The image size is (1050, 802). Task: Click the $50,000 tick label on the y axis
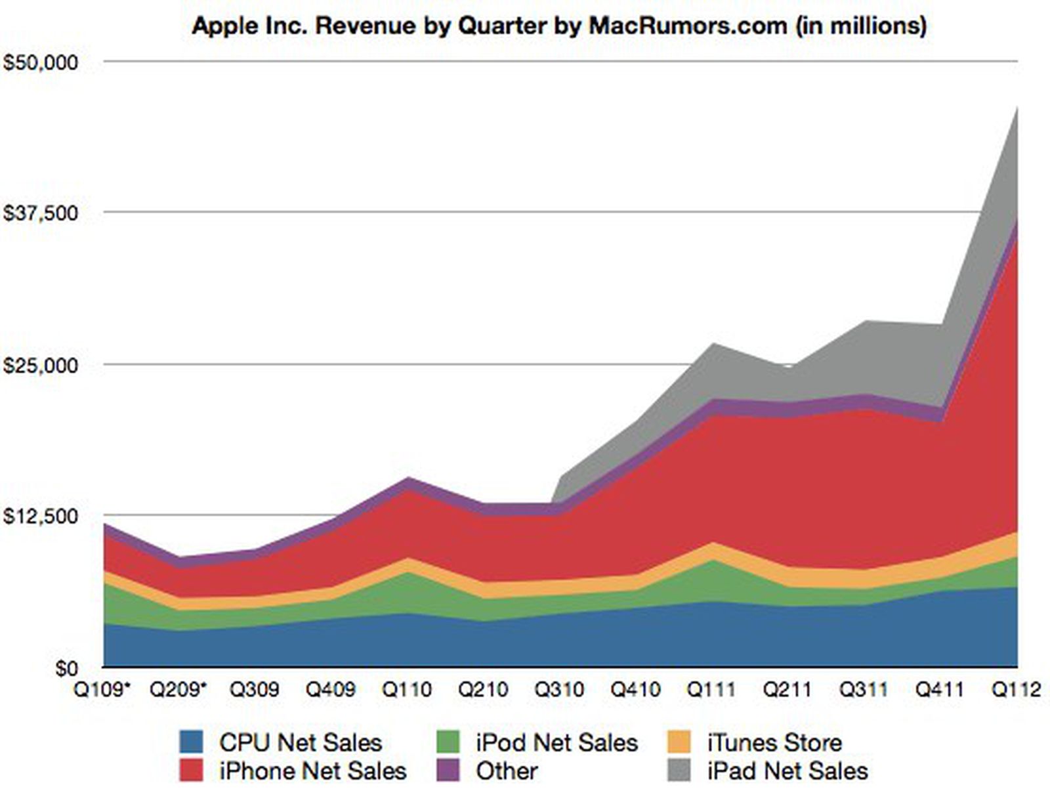tap(41, 62)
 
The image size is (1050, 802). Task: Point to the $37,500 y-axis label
tap(41, 213)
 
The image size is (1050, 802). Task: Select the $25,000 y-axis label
tap(41, 365)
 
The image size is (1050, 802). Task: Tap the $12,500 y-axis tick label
tap(41, 516)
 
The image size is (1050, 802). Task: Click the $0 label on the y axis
tap(66, 668)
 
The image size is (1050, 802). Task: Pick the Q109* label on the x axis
tap(102, 690)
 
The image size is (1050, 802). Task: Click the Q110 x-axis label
tap(407, 690)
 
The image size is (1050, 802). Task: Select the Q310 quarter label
tap(559, 690)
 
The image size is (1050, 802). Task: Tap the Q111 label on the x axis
tap(711, 690)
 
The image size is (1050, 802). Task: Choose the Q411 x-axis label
tap(940, 690)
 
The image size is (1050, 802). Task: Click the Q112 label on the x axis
tap(1016, 690)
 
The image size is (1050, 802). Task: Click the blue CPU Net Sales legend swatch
tap(191, 742)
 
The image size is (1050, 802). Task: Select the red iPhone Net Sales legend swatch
tap(191, 770)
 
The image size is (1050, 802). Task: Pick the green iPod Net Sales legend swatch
tap(448, 742)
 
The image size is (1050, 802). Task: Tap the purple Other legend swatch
tap(448, 770)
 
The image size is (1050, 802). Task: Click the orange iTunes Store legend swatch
tap(679, 742)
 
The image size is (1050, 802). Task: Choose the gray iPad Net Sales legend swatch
tap(679, 770)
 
